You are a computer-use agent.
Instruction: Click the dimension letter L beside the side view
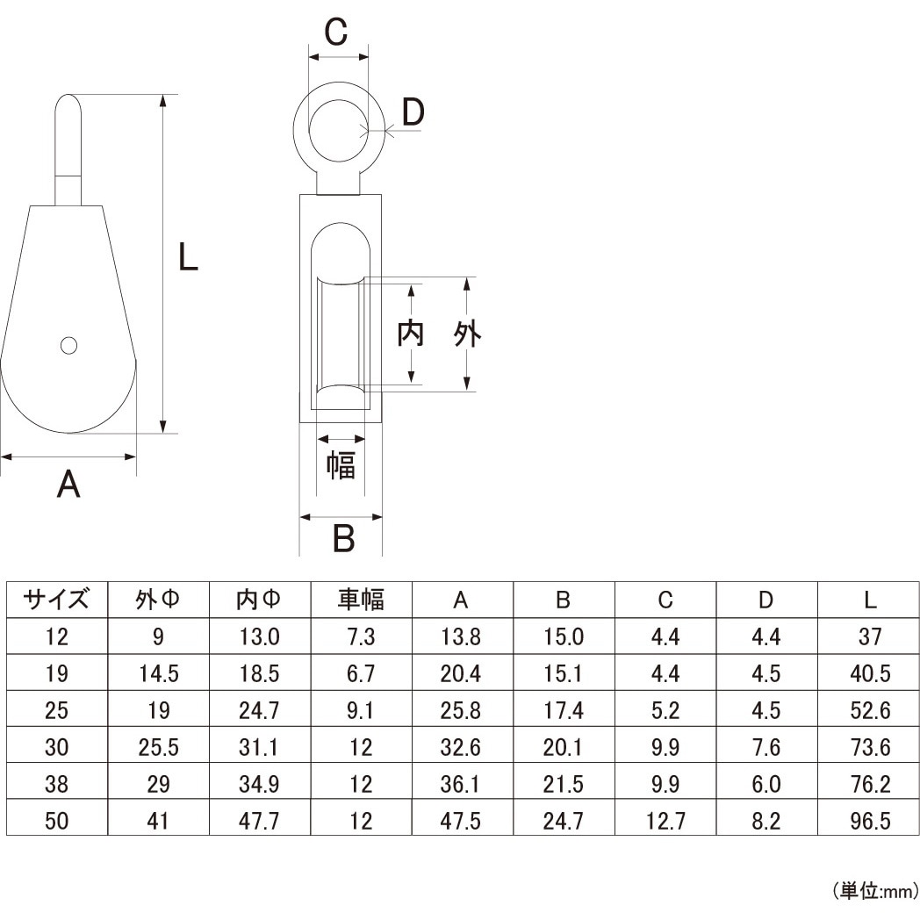(188, 258)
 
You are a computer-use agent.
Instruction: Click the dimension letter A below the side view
(68, 484)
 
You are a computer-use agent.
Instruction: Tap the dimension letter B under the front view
(344, 538)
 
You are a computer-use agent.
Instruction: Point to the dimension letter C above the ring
(336, 33)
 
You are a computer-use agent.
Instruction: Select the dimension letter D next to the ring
(413, 112)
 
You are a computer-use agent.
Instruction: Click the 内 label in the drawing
(411, 334)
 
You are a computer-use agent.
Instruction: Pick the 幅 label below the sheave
(341, 464)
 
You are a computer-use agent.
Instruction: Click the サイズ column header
(57, 600)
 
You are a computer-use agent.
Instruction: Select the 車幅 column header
(361, 600)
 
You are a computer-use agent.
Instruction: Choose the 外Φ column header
(158, 600)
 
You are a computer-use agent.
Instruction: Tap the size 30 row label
(57, 747)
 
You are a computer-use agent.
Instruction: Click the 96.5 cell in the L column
(869, 821)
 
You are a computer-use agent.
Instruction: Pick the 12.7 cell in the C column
(665, 821)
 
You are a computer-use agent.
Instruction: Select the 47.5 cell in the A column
(462, 821)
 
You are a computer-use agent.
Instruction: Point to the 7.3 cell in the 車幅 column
(361, 636)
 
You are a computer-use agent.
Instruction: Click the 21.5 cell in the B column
(564, 784)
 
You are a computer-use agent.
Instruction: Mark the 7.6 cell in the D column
(766, 747)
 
